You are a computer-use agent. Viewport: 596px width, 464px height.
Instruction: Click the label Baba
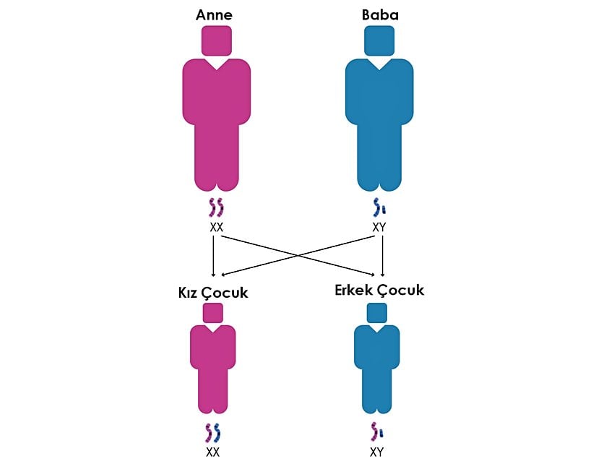(x=379, y=14)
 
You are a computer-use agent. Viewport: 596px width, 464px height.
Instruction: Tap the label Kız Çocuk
(x=213, y=293)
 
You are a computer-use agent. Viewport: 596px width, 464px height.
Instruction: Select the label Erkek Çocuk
(x=379, y=291)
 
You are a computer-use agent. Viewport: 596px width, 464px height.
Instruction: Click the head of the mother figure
(x=216, y=40)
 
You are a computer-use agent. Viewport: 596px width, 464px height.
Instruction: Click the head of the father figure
(x=379, y=40)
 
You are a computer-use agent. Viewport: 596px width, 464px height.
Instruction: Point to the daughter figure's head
(x=213, y=312)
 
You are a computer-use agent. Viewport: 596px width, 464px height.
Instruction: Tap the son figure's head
(x=376, y=312)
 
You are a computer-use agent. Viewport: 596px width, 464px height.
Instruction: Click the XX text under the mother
(x=216, y=227)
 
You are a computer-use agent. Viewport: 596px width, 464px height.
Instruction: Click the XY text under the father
(x=379, y=227)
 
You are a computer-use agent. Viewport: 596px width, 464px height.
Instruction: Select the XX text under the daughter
(x=212, y=452)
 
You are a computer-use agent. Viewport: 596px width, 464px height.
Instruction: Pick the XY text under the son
(x=376, y=452)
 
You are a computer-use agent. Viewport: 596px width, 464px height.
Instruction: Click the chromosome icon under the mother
(x=216, y=208)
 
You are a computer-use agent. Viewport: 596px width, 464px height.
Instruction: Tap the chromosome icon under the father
(x=379, y=208)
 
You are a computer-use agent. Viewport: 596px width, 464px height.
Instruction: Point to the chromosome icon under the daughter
(x=212, y=433)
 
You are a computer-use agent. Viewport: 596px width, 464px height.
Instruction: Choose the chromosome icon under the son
(x=376, y=433)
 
